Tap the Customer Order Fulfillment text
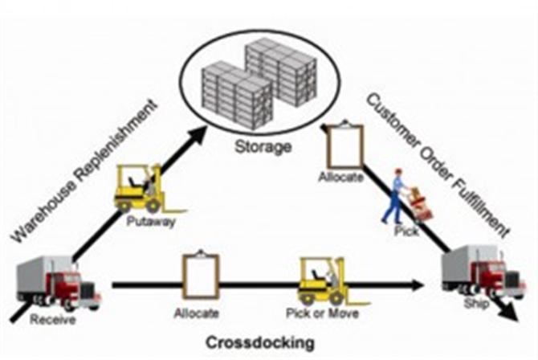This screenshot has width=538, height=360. click(x=438, y=165)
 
